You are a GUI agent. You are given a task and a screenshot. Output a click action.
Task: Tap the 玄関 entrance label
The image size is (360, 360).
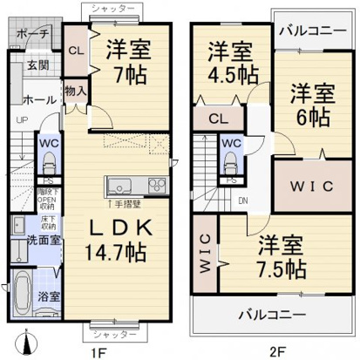37,65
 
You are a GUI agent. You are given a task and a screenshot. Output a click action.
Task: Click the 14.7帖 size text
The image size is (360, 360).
119,254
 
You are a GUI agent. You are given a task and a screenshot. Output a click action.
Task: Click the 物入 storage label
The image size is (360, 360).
75,90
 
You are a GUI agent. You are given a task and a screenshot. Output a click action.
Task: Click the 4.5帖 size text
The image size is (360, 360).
229,71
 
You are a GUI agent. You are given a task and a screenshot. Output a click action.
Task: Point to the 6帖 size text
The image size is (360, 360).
311,115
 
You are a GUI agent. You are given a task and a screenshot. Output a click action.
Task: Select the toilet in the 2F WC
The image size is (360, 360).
230,160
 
